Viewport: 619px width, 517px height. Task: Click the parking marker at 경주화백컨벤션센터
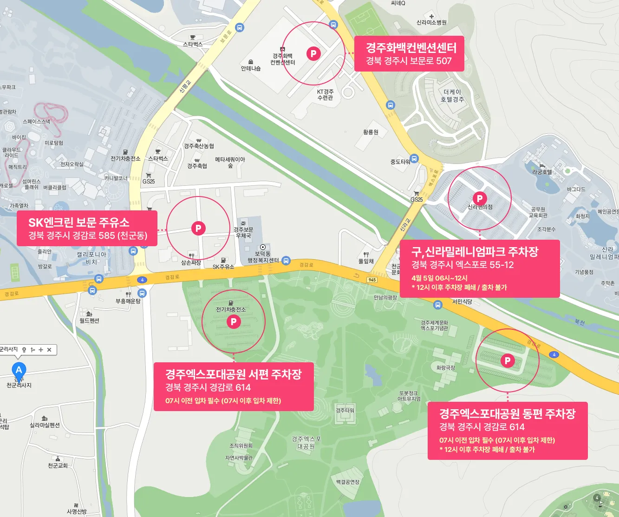(x=313, y=53)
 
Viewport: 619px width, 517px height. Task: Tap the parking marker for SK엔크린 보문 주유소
(x=198, y=228)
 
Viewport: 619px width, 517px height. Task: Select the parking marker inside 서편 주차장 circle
(x=234, y=321)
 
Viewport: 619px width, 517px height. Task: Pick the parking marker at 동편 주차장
(x=508, y=360)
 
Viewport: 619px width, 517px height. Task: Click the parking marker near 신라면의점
(x=480, y=198)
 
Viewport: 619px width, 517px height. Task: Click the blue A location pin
(x=19, y=370)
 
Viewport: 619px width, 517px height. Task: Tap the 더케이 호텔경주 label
(x=452, y=96)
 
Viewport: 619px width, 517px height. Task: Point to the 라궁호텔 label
(x=542, y=172)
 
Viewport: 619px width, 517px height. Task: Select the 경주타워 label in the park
(x=345, y=411)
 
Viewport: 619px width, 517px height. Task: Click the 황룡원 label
(x=371, y=132)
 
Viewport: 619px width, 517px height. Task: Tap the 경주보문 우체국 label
(x=243, y=233)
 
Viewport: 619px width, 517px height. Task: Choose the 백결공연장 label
(x=348, y=482)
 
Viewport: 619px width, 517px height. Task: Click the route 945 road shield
(x=372, y=280)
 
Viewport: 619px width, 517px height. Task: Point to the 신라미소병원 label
(x=431, y=22)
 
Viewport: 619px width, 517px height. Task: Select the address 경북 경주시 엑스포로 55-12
(x=463, y=265)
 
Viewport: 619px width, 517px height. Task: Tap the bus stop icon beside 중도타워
(x=414, y=159)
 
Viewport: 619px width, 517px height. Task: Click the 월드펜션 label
(x=89, y=321)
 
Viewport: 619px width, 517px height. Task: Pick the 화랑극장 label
(x=446, y=367)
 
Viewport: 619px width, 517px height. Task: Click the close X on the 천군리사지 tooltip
(x=49, y=350)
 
